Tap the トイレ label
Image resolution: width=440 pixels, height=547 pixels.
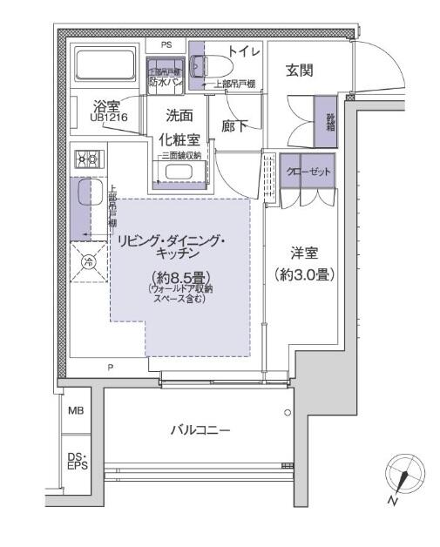coord(244,51)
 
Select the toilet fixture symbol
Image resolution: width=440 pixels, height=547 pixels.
coord(212,65)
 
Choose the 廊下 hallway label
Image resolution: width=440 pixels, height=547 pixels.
coord(234,126)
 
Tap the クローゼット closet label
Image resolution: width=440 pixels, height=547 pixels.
coord(308,171)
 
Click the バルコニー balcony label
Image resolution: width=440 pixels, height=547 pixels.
coord(200,429)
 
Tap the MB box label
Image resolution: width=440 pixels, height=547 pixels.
coord(76,410)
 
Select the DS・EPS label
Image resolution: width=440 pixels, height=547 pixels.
coord(76,460)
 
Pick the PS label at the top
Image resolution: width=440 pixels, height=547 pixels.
coord(166,43)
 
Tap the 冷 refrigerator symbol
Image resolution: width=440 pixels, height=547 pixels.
coord(87,261)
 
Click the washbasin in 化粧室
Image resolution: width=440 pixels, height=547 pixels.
coord(179,172)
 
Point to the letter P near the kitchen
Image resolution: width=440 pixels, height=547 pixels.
coord(110,368)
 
